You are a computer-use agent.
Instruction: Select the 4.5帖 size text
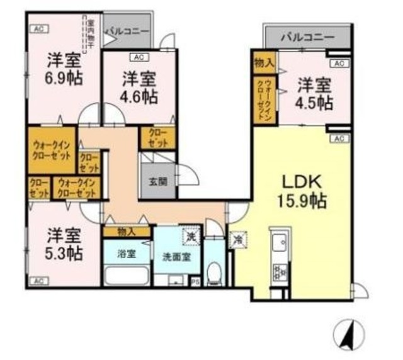click(x=315, y=103)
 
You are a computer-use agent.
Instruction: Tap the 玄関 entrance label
click(x=157, y=183)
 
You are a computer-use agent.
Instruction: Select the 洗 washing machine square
click(x=190, y=236)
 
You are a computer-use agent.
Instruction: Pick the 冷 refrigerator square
click(x=238, y=240)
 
